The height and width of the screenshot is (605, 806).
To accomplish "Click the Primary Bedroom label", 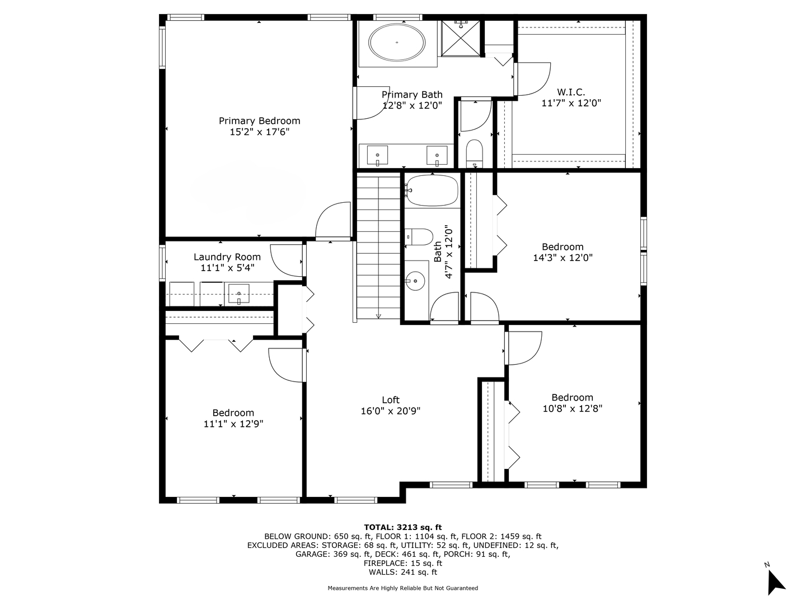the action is pos(259,121).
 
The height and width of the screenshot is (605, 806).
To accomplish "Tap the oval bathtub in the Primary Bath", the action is pos(397,42).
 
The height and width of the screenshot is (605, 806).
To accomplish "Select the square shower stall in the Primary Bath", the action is pos(461,38).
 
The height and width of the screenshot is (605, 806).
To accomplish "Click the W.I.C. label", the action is pos(570,92).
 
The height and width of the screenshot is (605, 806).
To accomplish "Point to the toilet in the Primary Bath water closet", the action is pos(475,153).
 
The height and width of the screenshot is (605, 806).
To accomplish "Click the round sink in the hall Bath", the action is pos(415,281).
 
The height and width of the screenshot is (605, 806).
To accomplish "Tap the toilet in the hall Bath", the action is pos(419,237).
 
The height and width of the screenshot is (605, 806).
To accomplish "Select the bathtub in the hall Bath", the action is pos(433,190).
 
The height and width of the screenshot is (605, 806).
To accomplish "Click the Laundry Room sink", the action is pos(238,294).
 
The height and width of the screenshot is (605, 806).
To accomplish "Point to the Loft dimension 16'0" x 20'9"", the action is pos(390,411).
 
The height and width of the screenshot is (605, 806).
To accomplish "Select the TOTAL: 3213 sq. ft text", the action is pos(403,528).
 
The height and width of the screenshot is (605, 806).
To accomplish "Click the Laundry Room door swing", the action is pos(287,260).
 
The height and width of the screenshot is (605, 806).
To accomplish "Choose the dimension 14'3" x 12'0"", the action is pos(563,258).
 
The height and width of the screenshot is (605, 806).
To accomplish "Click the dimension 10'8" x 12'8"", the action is pos(573,408).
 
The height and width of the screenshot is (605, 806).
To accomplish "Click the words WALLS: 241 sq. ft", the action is pos(403,572).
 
